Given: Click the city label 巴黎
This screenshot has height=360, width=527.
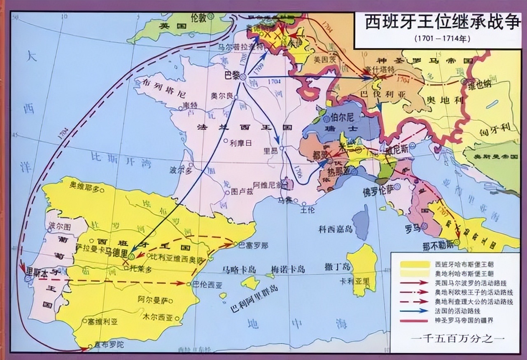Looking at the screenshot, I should [231, 75].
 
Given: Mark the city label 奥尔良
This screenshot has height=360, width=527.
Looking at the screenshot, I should [222, 96].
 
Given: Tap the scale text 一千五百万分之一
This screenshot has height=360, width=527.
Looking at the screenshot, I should [457, 338].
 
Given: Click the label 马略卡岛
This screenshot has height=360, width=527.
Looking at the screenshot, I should [239, 269].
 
